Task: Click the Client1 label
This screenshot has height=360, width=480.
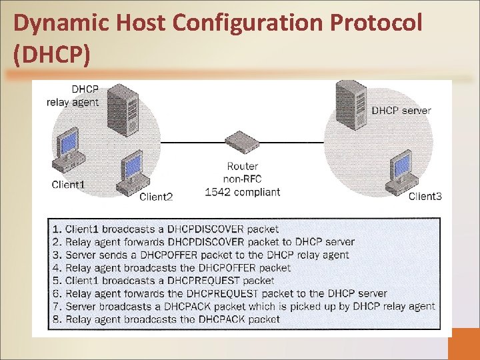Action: point(69,185)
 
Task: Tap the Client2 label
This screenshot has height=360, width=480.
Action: point(156,197)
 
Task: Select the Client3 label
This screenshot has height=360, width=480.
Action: point(425,196)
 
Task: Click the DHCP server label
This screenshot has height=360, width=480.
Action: point(401,111)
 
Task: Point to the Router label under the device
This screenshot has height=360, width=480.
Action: point(242,166)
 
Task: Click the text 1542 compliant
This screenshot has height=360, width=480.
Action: point(242,192)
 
